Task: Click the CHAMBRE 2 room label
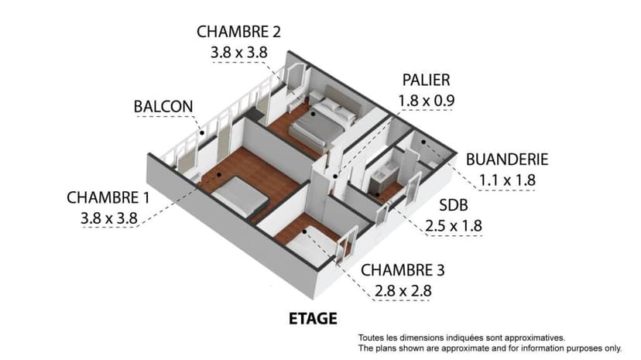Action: pyautogui.click(x=238, y=32)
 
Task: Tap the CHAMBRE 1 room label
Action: pyautogui.click(x=108, y=197)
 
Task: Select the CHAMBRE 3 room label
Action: pyautogui.click(x=403, y=270)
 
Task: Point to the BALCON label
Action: pyautogui.click(x=163, y=107)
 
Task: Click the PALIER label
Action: pyautogui.click(x=426, y=80)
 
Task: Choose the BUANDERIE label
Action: pyautogui.click(x=507, y=159)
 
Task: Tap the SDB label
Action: pyautogui.click(x=454, y=205)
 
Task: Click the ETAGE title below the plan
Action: pyautogui.click(x=313, y=319)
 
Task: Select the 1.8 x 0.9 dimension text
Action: pyautogui.click(x=426, y=101)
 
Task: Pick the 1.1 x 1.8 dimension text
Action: pyautogui.click(x=507, y=180)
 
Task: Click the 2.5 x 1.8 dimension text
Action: pyautogui.click(x=454, y=226)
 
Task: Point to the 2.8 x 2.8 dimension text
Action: pyautogui.click(x=403, y=291)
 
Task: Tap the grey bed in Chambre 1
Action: pyautogui.click(x=241, y=197)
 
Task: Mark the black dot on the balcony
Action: pyautogui.click(x=202, y=133)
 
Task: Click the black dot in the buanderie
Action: pyautogui.click(x=423, y=142)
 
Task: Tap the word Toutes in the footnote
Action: pyautogui.click(x=371, y=338)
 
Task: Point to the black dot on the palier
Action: pyautogui.click(x=335, y=177)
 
